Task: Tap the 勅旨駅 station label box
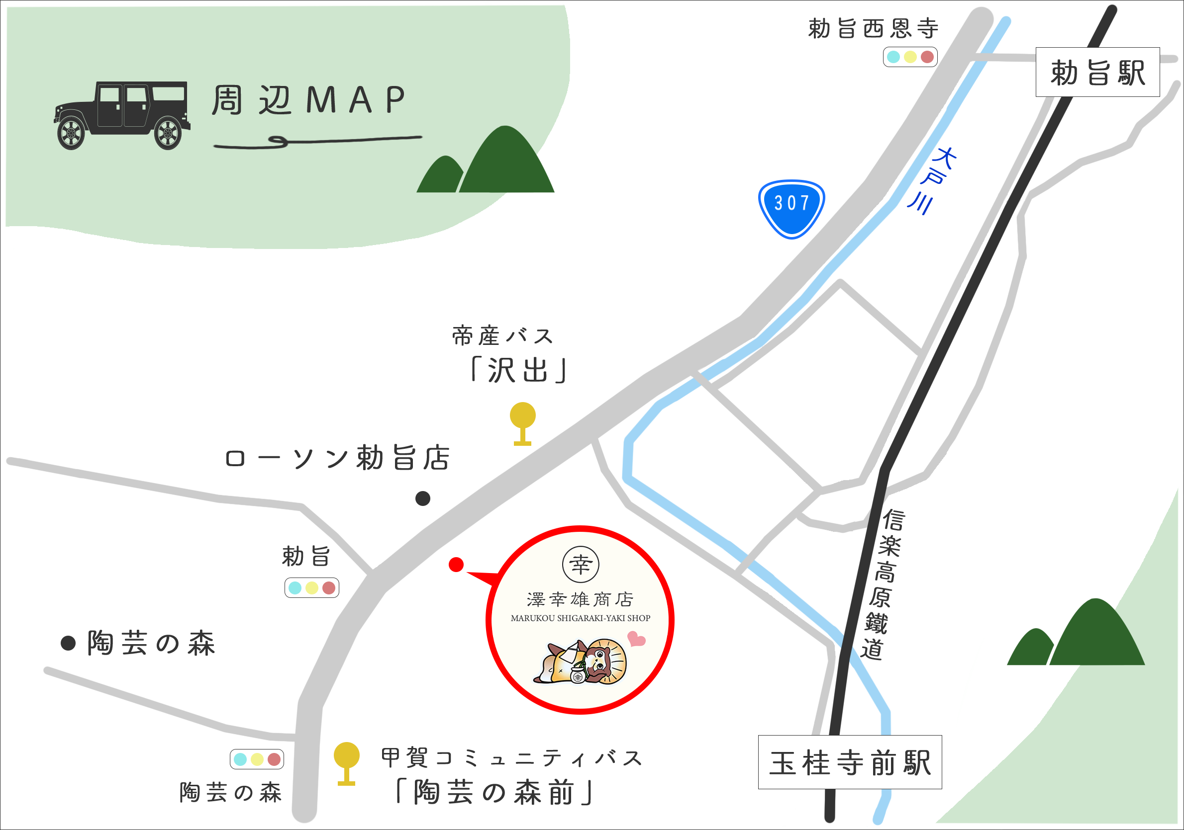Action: pyautogui.click(x=1097, y=72)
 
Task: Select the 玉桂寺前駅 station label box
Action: pyautogui.click(x=850, y=762)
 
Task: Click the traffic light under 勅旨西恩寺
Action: pyautogui.click(x=910, y=57)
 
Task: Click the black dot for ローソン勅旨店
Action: pyautogui.click(x=423, y=498)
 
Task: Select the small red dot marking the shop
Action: pyautogui.click(x=456, y=565)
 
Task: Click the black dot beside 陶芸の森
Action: pyautogui.click(x=69, y=643)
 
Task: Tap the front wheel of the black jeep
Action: pyautogui.click(x=71, y=133)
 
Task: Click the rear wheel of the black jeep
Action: pyautogui.click(x=168, y=133)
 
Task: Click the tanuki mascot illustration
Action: pyautogui.click(x=580, y=662)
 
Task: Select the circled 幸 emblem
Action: pyautogui.click(x=580, y=565)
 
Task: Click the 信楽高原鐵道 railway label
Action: pyautogui.click(x=883, y=585)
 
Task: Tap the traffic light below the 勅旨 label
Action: pyautogui.click(x=311, y=588)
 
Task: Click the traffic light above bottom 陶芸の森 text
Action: pyautogui.click(x=257, y=759)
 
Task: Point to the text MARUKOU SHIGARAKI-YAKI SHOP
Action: pyautogui.click(x=580, y=618)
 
